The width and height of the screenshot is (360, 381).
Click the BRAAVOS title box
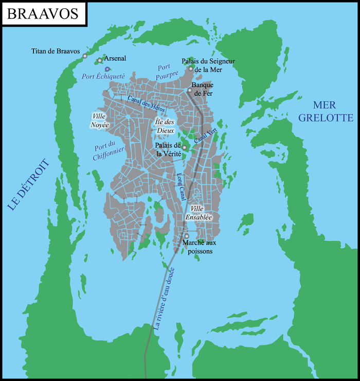tap(43, 14)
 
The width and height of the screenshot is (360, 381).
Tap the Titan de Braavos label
tap(56, 51)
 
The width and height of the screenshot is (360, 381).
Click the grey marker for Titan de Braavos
tap(85, 56)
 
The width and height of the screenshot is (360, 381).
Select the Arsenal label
tap(115, 59)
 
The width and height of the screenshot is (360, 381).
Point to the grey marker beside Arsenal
tap(100, 61)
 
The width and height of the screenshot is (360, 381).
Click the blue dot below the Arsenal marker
tap(107, 69)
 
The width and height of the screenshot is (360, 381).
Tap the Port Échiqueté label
tap(103, 76)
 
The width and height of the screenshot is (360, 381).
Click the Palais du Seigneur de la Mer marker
tap(191, 68)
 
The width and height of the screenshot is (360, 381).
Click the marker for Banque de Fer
tap(190, 91)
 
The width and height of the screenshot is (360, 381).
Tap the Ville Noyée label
tap(100, 120)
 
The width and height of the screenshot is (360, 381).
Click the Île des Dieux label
tap(166, 126)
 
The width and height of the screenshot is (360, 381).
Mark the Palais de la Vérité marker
tap(184, 148)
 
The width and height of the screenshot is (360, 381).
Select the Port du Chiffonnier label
tap(107, 151)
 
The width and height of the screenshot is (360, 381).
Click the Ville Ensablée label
tap(202, 213)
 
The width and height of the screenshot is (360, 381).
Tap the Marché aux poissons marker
tap(186, 236)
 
